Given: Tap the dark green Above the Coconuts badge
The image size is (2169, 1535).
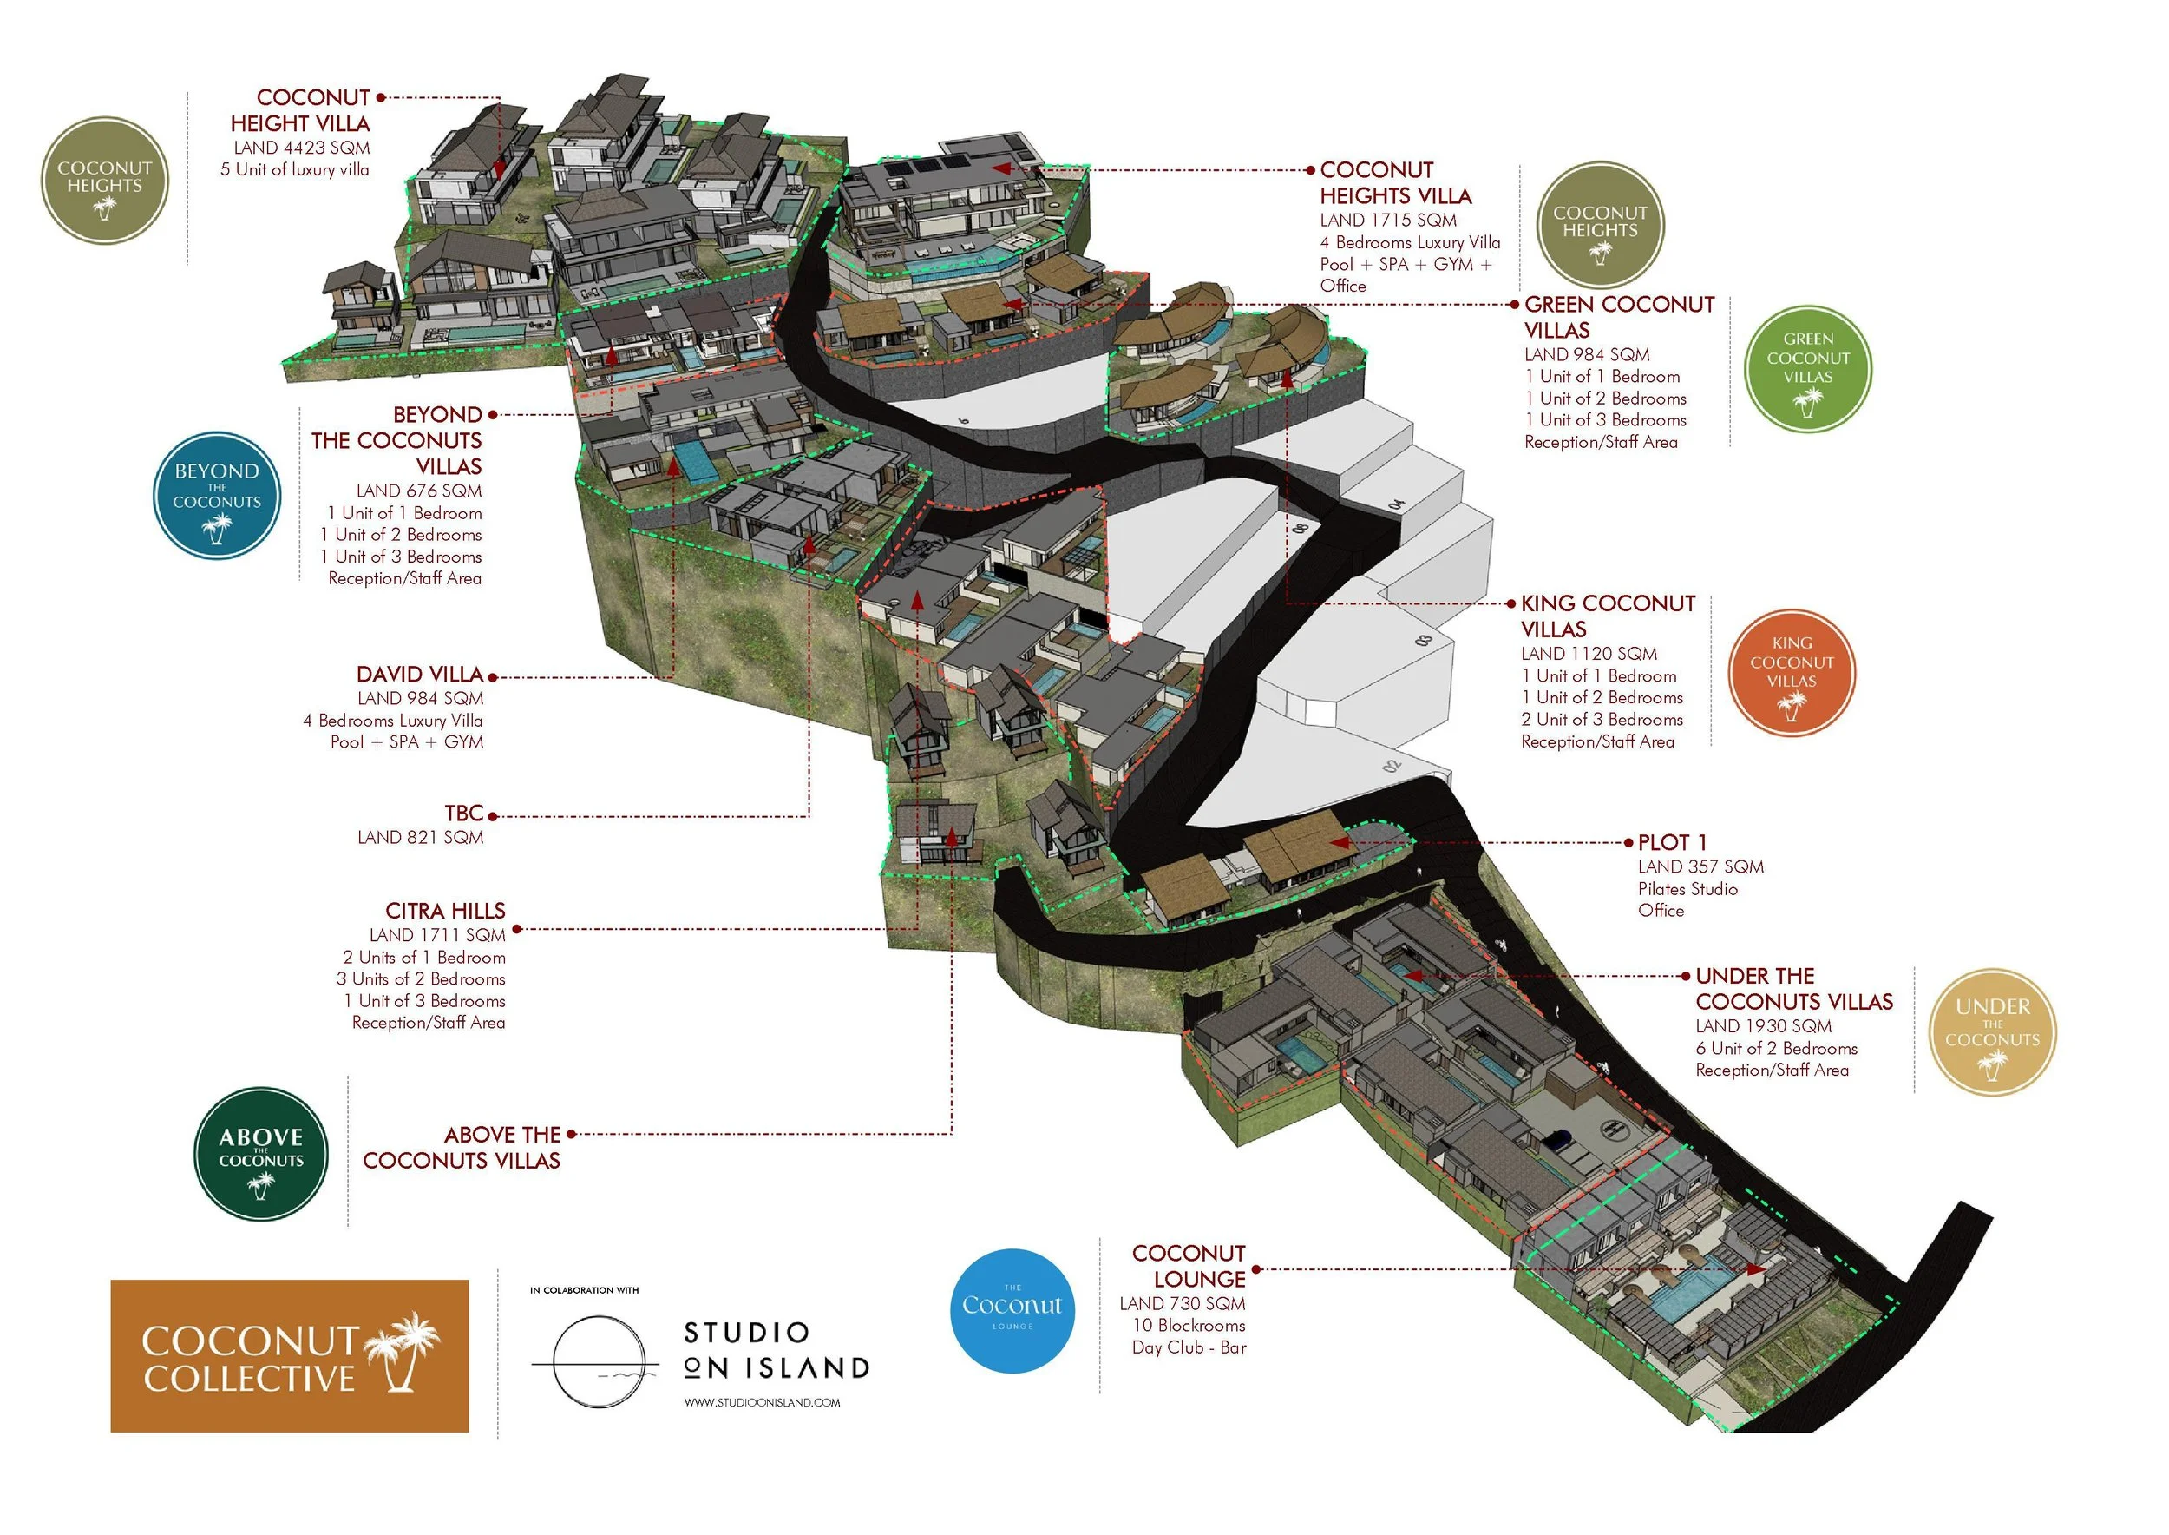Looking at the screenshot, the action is point(261,1154).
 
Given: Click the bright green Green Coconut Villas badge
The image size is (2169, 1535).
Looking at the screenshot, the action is point(1807,369).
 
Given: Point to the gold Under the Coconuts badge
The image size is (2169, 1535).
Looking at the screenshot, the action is point(1991,1032).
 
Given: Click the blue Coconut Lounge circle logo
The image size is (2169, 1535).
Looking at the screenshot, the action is point(1012,1310).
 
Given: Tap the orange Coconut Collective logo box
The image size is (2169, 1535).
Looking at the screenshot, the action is point(289,1355).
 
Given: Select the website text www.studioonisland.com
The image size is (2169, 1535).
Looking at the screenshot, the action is point(762,1403).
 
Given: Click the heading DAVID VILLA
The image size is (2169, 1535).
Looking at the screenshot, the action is point(419,675).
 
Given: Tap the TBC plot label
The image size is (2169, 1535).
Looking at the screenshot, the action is point(464,814).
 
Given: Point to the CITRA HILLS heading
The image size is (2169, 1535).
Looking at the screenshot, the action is point(445,911).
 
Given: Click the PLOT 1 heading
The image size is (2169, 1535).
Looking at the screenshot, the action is point(1672,842).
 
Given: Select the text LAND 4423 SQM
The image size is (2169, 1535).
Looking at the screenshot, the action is point(301,148).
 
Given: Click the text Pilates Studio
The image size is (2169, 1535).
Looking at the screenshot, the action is point(1687,888).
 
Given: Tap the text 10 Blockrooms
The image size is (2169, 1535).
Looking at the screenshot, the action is point(1189,1325).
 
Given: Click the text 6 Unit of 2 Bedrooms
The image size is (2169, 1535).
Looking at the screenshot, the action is point(1776,1048).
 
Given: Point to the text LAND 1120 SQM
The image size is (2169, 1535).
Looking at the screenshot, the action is point(1588,654).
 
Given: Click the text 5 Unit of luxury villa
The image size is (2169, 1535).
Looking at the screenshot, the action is point(295,170).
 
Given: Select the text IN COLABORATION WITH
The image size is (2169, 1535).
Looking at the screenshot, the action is point(584,1290).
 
